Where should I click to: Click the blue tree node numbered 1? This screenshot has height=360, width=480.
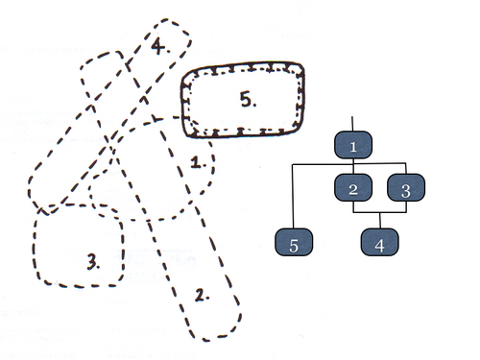[x=353, y=145]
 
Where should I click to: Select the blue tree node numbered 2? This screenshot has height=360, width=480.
[x=353, y=187]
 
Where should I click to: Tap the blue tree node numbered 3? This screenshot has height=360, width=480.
[x=406, y=187]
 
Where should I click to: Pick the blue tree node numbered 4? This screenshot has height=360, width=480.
[x=380, y=242]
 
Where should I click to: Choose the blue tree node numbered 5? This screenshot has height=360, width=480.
[x=294, y=242]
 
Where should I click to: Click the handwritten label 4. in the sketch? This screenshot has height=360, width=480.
[x=160, y=46]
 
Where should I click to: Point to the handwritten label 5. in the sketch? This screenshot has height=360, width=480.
[x=249, y=99]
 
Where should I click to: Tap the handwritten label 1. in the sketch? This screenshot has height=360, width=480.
[x=199, y=162]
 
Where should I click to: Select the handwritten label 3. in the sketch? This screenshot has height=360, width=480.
[x=93, y=261]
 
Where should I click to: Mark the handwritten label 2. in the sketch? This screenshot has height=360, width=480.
[x=203, y=295]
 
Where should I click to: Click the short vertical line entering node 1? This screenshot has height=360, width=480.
[x=352, y=124]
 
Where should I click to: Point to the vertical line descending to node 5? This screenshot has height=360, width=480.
[x=293, y=197]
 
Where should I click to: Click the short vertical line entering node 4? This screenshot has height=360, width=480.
[x=380, y=221]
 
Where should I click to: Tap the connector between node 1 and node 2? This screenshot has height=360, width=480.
[x=353, y=166]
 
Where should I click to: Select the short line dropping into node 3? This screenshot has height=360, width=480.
[x=406, y=169]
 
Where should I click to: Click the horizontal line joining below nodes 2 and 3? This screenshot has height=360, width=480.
[x=380, y=212]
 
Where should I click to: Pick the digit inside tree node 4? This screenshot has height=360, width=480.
[x=379, y=246]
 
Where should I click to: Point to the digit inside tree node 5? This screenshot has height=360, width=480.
[x=294, y=246]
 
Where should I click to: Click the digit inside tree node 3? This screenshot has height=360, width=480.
[x=406, y=191]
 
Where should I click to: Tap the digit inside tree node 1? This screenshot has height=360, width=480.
[x=353, y=147]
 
